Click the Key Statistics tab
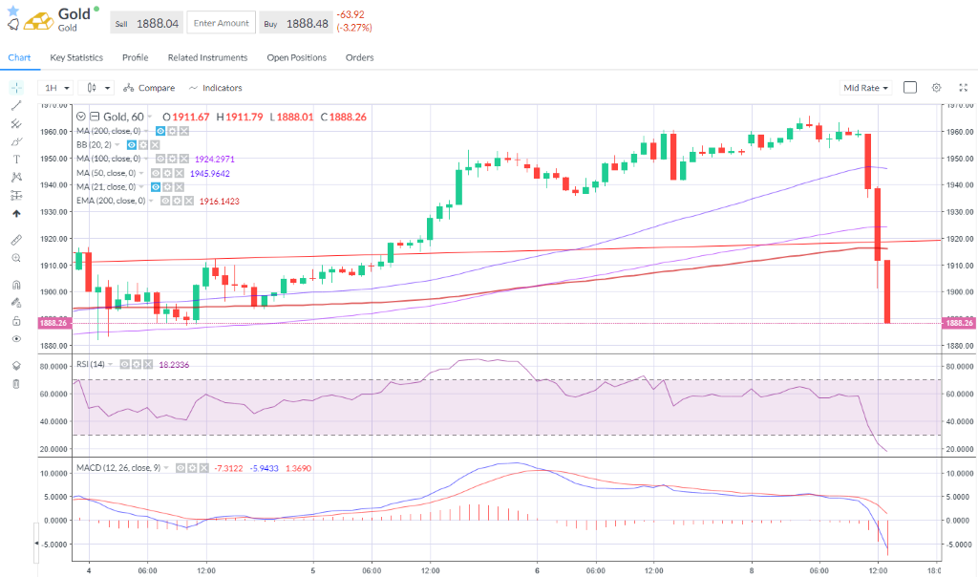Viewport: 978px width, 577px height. pyautogui.click(x=76, y=57)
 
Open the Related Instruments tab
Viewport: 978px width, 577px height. pyautogui.click(x=207, y=57)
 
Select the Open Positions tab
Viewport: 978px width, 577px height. pyautogui.click(x=296, y=57)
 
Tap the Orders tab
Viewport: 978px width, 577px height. pyautogui.click(x=359, y=57)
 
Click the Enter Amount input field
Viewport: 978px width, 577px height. pyautogui.click(x=221, y=23)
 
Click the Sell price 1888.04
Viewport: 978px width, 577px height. pyautogui.click(x=158, y=23)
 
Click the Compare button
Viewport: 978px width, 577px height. pyautogui.click(x=149, y=88)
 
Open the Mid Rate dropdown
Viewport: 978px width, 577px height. pyautogui.click(x=865, y=88)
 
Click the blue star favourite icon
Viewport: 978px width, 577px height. pyautogui.click(x=12, y=10)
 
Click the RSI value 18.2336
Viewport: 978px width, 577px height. pyautogui.click(x=173, y=364)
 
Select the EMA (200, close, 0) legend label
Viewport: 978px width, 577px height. pyautogui.click(x=111, y=202)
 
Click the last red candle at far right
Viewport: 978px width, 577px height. pyautogui.click(x=887, y=291)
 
